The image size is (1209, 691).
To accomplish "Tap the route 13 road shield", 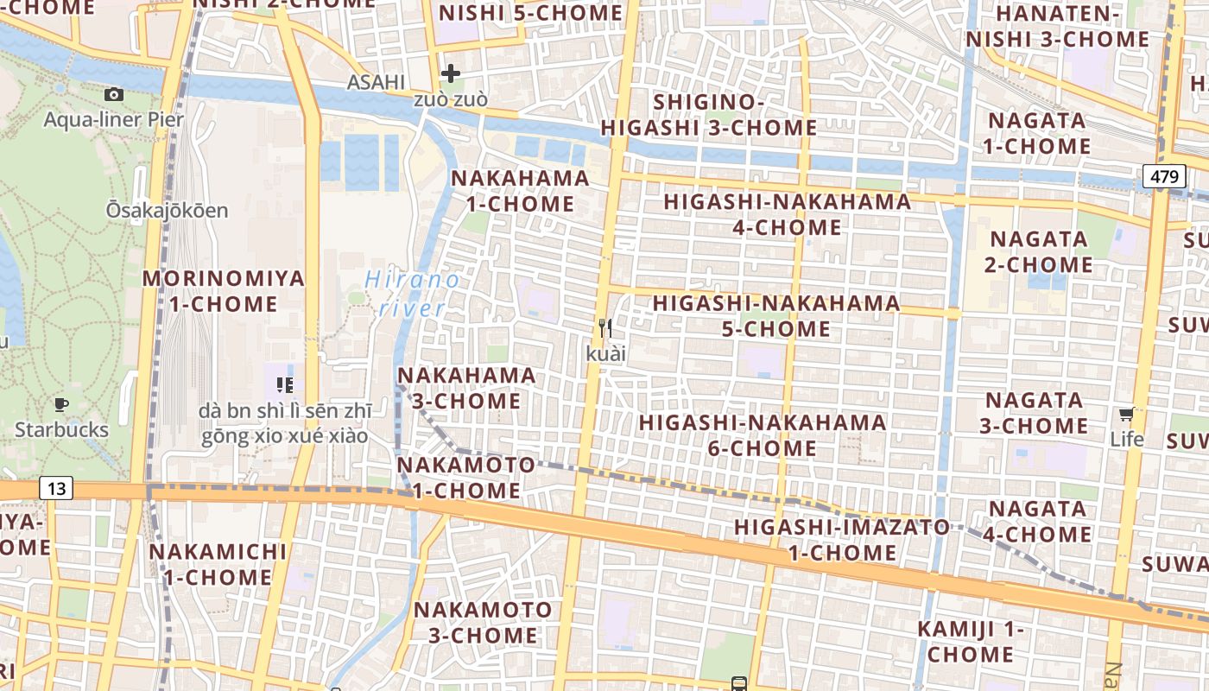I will click(56, 489).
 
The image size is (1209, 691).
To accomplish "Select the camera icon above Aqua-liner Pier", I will click(113, 95).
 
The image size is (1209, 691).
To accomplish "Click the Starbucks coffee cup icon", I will click(61, 404).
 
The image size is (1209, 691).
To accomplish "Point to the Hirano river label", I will click(412, 294).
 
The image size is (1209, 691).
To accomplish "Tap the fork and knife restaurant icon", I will click(605, 328).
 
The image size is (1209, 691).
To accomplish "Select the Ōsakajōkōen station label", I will click(167, 210).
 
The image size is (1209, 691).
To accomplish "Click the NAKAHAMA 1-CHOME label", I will click(520, 191).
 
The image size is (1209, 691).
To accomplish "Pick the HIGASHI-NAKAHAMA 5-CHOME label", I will click(775, 316).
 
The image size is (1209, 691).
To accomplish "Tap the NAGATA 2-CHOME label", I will click(1041, 251).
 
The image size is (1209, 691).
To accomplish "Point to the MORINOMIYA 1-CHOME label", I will click(223, 291).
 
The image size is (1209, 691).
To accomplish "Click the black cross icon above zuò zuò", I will click(450, 73).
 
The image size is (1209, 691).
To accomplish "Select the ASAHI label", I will click(376, 82).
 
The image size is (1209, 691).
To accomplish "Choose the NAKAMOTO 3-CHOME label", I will click(482, 622).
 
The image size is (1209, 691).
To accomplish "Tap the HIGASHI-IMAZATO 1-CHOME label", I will click(841, 539).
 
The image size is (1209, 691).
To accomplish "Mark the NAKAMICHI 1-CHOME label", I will click(217, 564).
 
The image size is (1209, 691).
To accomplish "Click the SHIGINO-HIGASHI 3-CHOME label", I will click(708, 115).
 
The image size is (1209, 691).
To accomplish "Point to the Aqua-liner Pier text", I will click(113, 119).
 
